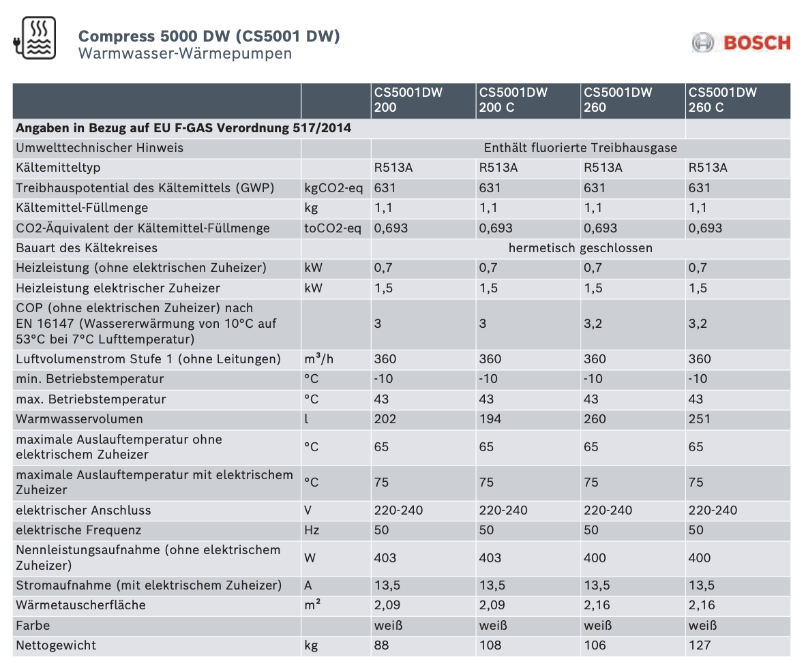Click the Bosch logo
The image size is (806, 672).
(x=741, y=43)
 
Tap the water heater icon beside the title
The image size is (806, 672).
(x=35, y=37)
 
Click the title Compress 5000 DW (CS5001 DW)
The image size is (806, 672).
(x=209, y=36)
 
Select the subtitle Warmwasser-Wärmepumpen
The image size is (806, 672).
(x=185, y=53)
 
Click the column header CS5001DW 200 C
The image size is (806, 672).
(x=513, y=100)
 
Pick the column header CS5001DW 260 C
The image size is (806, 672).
(x=722, y=100)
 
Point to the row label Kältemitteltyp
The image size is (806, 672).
(x=58, y=168)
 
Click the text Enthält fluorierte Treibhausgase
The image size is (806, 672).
(x=580, y=148)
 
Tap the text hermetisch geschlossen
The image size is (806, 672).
(x=580, y=248)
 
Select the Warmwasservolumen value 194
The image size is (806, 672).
(x=490, y=419)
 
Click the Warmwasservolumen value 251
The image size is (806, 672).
(x=699, y=419)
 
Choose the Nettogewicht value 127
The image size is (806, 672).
(x=699, y=645)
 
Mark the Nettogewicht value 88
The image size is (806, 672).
(x=381, y=645)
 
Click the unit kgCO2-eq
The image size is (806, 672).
(x=333, y=188)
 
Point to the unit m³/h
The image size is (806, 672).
(x=318, y=359)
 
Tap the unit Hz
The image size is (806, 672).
(x=312, y=530)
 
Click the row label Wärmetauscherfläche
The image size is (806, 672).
(x=80, y=605)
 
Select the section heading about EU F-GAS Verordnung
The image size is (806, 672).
(x=183, y=128)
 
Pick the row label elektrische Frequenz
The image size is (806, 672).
(x=78, y=530)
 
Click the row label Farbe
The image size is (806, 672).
(x=33, y=625)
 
